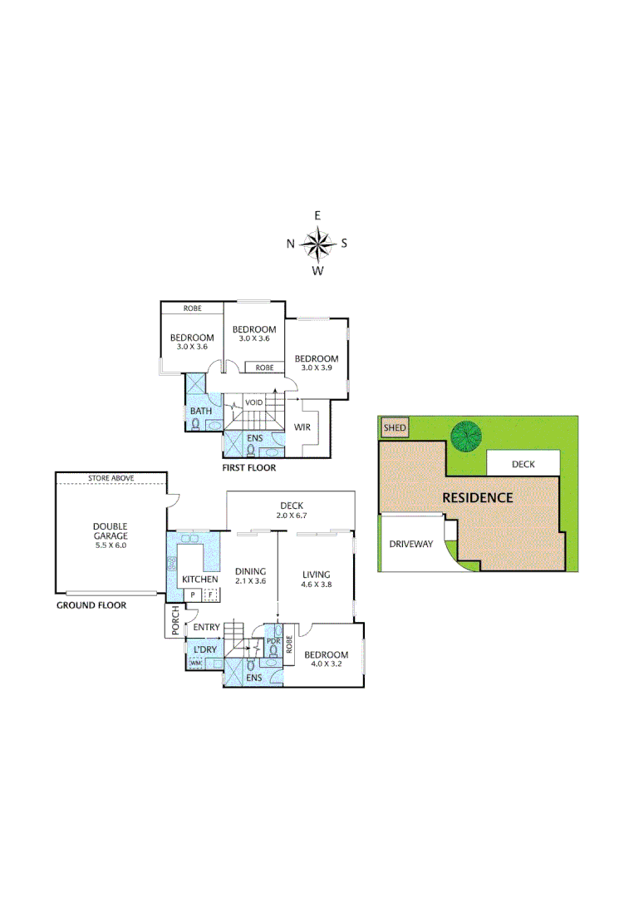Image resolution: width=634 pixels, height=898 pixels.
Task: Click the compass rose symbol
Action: (x=317, y=243)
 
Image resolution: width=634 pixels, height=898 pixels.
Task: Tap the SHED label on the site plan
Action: (x=395, y=429)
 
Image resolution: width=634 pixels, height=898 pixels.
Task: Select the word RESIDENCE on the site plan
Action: (x=477, y=498)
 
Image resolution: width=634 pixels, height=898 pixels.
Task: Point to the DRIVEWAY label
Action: (x=411, y=545)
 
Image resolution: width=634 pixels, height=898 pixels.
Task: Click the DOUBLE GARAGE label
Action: (x=110, y=530)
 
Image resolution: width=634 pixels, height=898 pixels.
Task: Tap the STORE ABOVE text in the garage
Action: (x=111, y=478)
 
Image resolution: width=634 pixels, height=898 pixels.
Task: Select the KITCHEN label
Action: (x=199, y=579)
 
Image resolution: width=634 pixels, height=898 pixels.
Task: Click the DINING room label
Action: (x=250, y=571)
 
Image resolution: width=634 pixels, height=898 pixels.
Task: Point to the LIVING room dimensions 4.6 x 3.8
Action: (x=316, y=585)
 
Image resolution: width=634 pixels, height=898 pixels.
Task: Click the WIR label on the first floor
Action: (x=302, y=427)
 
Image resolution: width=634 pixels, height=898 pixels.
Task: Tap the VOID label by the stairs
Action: (x=253, y=402)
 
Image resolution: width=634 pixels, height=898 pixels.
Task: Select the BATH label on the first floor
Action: (x=200, y=411)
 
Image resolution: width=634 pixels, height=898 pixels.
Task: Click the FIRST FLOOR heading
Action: (x=248, y=468)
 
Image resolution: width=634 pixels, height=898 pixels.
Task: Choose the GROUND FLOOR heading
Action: (x=91, y=605)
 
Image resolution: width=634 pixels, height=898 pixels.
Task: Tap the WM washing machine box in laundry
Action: (x=195, y=663)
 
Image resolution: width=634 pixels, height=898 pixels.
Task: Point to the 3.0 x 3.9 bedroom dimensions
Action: (x=317, y=368)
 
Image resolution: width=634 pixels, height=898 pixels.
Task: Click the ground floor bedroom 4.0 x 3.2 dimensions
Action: (x=326, y=664)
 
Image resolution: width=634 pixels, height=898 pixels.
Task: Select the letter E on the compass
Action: (x=317, y=215)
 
